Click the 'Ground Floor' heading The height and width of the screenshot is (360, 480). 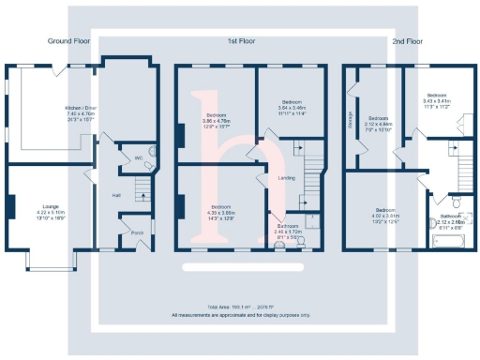coord(67,41)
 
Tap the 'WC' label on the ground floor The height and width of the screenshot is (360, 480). coord(138,157)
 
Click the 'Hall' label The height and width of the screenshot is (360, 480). coord(116,195)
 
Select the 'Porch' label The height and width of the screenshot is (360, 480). coord(136,233)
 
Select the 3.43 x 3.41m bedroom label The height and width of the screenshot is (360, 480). coord(437,99)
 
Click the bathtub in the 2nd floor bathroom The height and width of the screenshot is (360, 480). coord(448,242)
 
